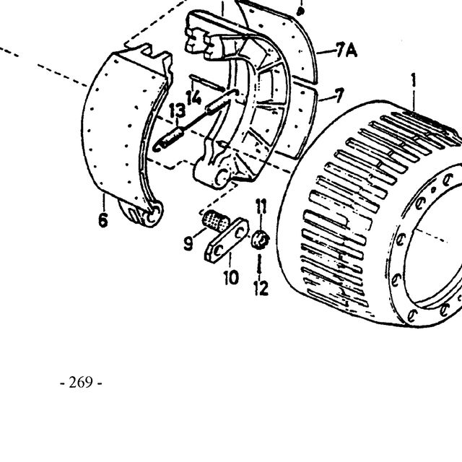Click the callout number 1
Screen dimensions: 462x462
click(x=414, y=80)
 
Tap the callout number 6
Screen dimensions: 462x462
click(x=103, y=220)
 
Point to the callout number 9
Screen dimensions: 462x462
click(x=188, y=244)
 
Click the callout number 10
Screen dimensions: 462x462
click(x=231, y=277)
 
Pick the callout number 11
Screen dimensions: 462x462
click(x=261, y=206)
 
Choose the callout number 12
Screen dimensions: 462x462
click(x=261, y=288)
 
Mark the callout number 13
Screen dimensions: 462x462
click(x=178, y=110)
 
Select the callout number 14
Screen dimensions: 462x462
click(x=193, y=97)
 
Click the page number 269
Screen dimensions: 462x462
click(x=81, y=383)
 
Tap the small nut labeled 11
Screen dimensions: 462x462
click(x=260, y=240)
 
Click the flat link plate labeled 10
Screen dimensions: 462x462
click(x=227, y=240)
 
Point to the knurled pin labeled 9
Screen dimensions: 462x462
click(x=216, y=221)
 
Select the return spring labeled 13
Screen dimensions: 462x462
click(x=195, y=121)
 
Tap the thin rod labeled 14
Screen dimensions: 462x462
click(x=208, y=82)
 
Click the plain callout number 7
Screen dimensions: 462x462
click(x=339, y=96)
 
